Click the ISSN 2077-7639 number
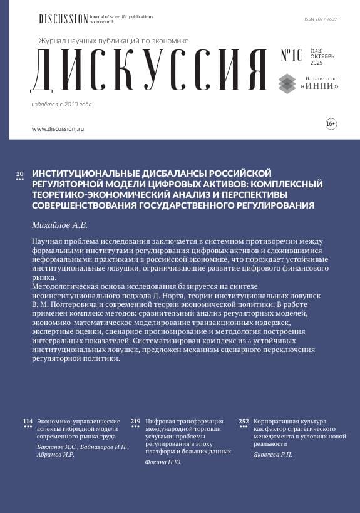321,19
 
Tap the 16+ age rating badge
331,125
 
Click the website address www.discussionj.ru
58,128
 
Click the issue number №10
291,56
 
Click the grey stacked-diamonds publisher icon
287,83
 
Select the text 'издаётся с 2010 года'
61,104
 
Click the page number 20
19,173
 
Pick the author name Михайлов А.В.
60,224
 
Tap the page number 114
28,422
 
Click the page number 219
135,422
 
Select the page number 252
244,422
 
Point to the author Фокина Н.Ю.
163,462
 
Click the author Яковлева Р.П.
273,454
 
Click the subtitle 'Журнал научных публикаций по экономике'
113,41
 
